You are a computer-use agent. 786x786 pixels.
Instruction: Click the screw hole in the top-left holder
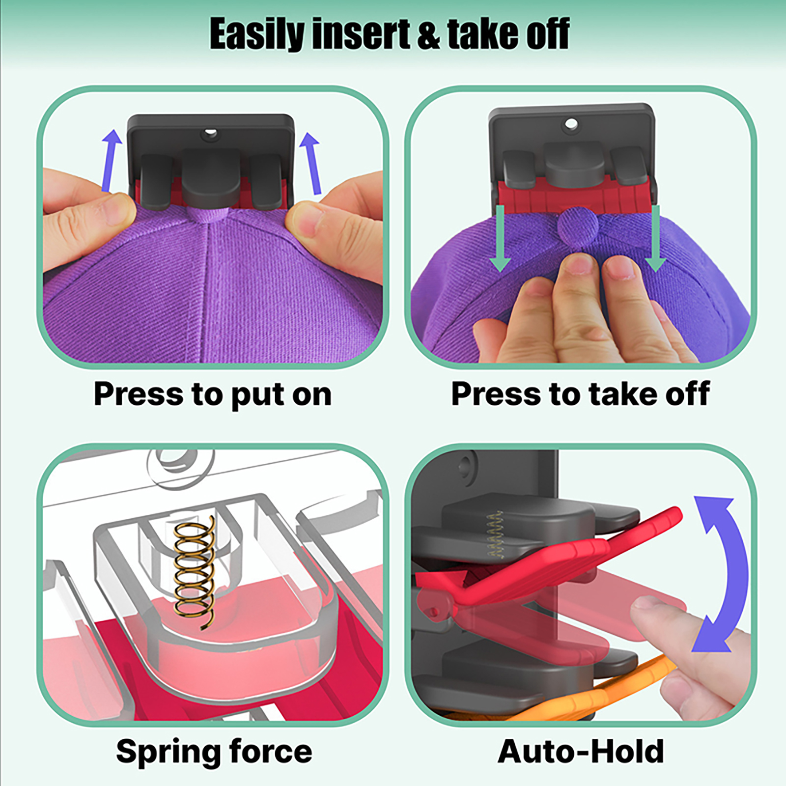(x=210, y=133)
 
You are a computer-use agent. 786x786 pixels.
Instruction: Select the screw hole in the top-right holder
(x=571, y=123)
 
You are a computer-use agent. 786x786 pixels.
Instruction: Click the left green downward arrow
(x=500, y=239)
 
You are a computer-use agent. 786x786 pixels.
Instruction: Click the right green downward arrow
(x=655, y=239)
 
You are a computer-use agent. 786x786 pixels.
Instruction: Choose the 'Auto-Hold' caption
(x=581, y=752)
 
